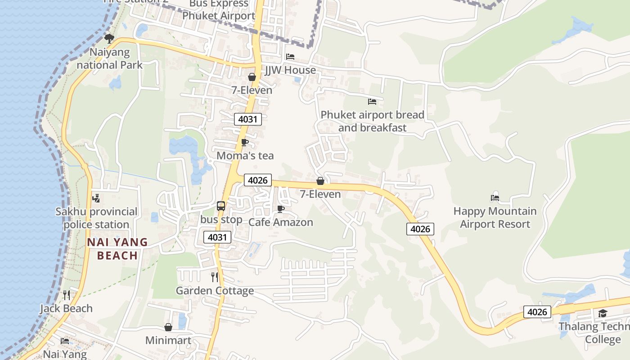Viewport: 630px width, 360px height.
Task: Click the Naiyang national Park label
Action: (109, 58)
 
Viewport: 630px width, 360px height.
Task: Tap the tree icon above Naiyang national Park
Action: (109, 38)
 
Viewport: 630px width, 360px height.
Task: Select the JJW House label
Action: (290, 70)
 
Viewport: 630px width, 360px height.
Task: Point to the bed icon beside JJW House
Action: (290, 57)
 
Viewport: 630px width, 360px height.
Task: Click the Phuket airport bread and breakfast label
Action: (372, 121)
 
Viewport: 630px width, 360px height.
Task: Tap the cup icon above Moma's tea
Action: (245, 143)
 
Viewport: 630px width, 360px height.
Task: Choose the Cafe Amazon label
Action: (281, 222)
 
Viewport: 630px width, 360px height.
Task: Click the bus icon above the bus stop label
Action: (220, 206)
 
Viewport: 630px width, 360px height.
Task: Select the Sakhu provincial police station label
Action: (96, 218)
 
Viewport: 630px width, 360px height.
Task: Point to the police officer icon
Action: (96, 198)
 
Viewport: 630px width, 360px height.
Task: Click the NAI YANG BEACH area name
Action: (117, 249)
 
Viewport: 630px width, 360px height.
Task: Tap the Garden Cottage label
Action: (215, 291)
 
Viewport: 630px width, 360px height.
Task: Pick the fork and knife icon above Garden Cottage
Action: (215, 277)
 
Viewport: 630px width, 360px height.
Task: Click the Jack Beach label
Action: (66, 309)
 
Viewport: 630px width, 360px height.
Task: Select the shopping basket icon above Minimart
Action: (168, 327)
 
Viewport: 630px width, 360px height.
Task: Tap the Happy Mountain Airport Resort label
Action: (495, 217)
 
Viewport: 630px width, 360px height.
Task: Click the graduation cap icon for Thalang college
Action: (603, 313)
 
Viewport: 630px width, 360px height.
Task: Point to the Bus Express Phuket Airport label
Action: (219, 10)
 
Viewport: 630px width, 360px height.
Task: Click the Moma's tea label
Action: (245, 156)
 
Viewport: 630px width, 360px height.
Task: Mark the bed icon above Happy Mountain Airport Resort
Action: (495, 198)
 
